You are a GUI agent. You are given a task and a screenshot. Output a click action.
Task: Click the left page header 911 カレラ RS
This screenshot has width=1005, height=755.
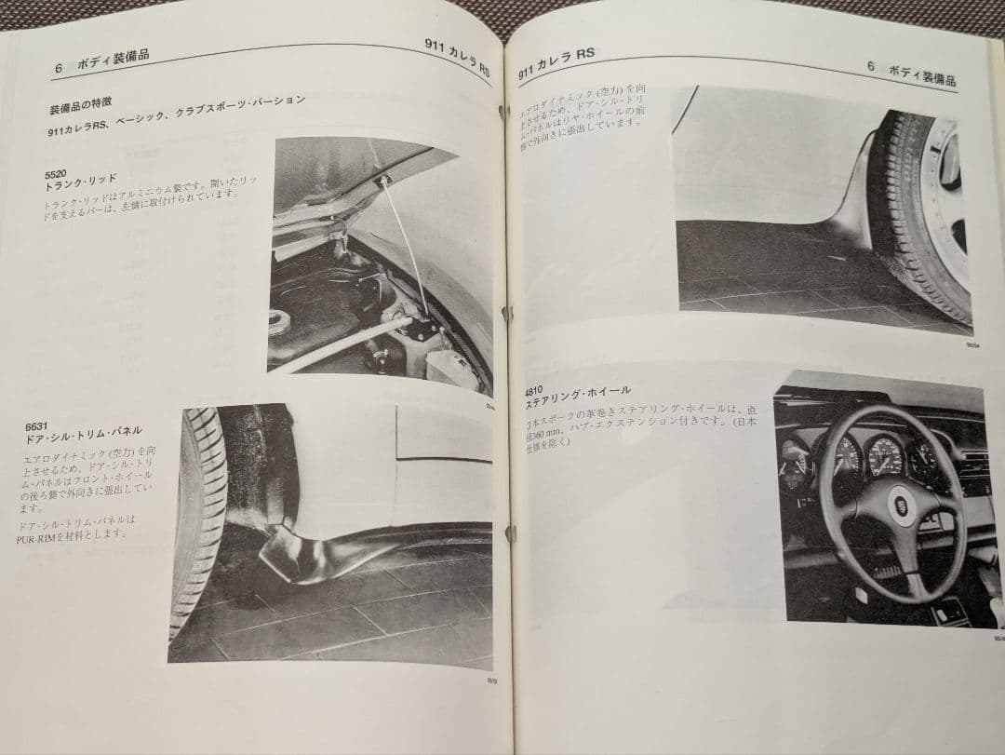pos(457,56)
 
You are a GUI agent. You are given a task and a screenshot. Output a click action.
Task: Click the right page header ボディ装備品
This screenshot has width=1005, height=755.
pos(921,73)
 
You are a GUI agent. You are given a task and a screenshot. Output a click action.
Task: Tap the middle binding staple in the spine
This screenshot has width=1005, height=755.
pos(507,314)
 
